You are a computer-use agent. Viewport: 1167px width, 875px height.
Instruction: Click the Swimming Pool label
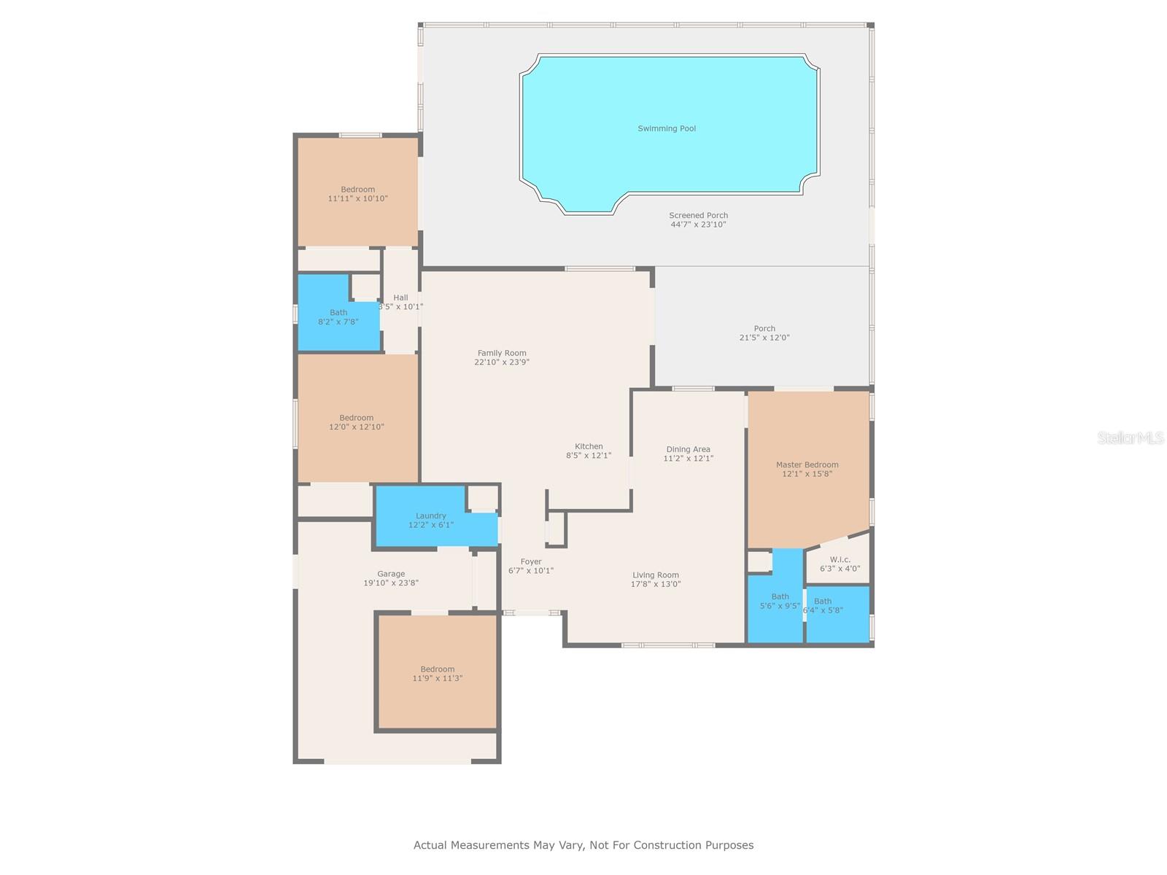pos(667,128)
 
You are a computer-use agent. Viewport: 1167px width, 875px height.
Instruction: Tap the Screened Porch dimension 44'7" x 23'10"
pos(698,225)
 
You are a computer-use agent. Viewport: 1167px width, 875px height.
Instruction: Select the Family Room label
pos(502,353)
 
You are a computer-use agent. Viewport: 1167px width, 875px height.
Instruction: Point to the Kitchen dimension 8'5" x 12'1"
pos(589,456)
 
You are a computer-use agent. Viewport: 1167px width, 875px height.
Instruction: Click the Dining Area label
pos(688,449)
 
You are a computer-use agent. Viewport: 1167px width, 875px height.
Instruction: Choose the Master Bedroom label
pos(807,464)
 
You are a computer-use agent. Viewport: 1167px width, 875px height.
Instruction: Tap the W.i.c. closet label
pos(840,560)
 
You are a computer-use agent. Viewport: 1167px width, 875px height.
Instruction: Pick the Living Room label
pos(655,575)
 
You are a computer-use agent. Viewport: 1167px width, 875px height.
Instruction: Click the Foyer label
pos(531,561)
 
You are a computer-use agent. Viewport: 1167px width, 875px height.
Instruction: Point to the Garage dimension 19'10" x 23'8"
pos(391,583)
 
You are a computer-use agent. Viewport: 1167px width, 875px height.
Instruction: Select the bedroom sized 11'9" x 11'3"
pos(438,674)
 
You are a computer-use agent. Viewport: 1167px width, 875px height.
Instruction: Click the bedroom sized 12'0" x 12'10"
pos(357,423)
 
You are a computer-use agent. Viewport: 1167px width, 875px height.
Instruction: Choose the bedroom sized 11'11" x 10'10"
pos(357,194)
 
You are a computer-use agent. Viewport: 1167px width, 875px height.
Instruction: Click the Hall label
pos(400,297)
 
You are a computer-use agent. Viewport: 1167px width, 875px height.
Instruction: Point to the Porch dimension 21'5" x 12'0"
pos(764,338)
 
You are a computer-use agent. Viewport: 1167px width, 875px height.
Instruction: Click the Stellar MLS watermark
pos(1131,437)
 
